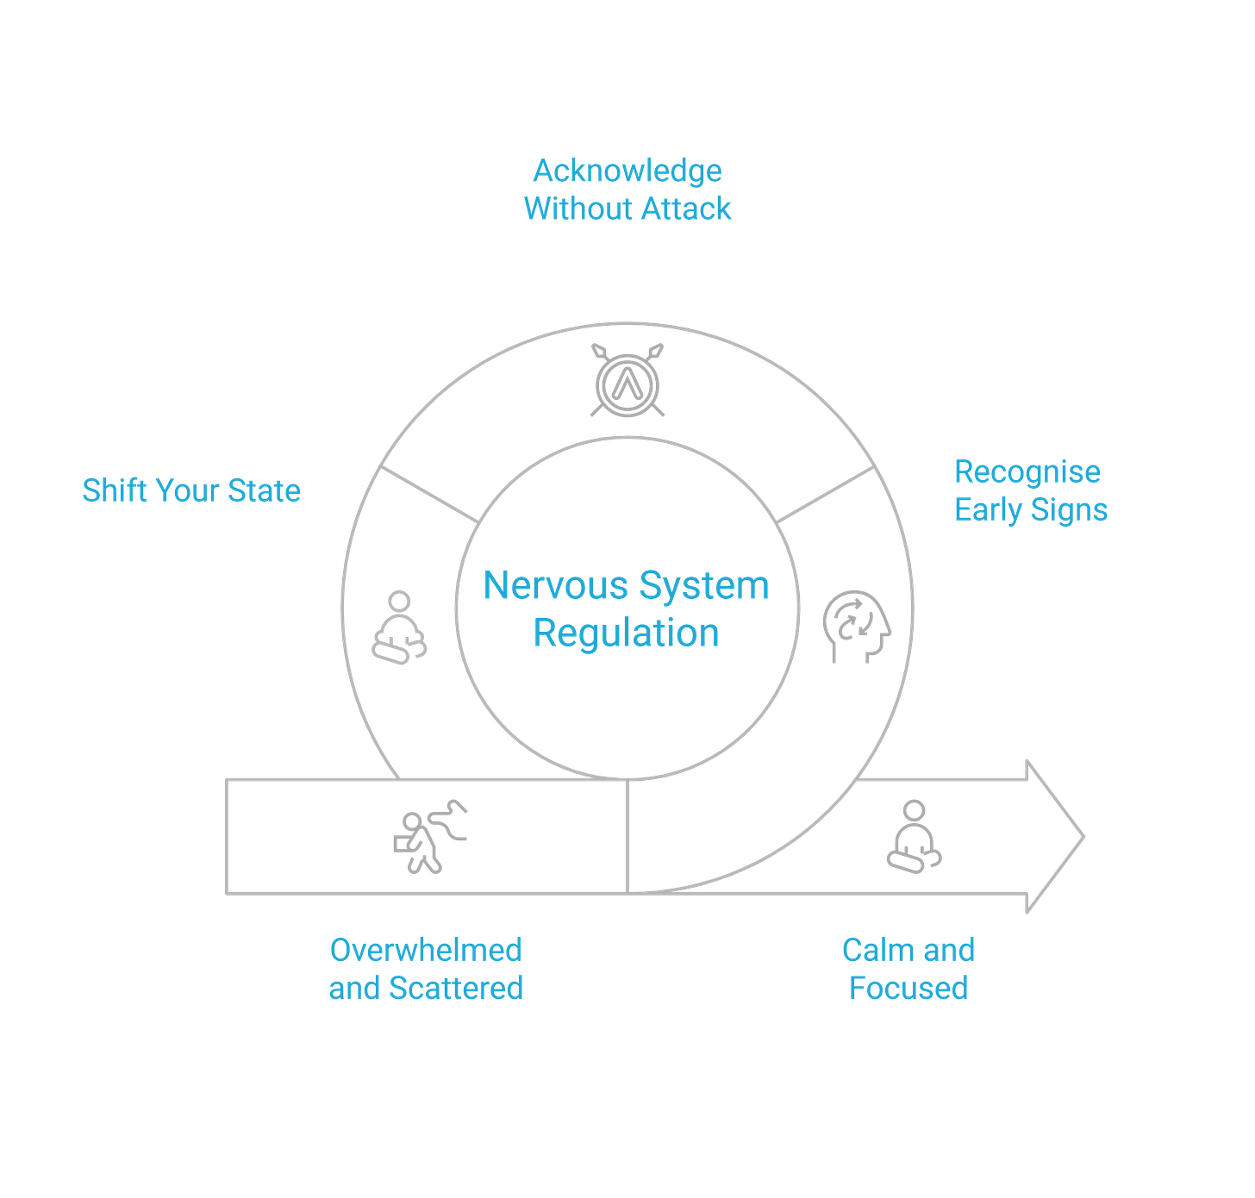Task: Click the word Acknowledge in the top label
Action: pyautogui.click(x=627, y=171)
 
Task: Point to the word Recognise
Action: pyautogui.click(x=1027, y=471)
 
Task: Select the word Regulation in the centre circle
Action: pyautogui.click(x=627, y=633)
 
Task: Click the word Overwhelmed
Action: pyautogui.click(x=426, y=950)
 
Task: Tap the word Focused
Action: pyautogui.click(x=908, y=988)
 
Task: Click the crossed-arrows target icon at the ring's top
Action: pyautogui.click(x=627, y=380)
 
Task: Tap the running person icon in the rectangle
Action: pyautogui.click(x=429, y=836)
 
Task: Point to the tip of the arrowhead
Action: pyautogui.click(x=1086, y=836)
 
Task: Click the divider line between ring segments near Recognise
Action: pyautogui.click(x=826, y=496)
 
